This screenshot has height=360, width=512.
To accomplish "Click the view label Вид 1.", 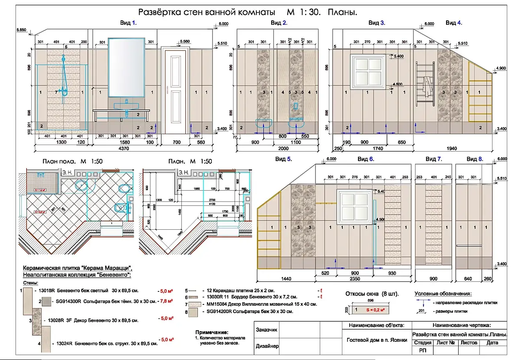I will pos(128,23).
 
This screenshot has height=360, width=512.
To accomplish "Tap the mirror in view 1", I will pos(126,67).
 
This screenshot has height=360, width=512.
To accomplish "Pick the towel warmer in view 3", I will pos(425,83).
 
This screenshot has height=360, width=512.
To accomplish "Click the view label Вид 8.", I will pos(474,159).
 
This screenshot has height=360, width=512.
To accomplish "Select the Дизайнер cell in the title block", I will pos(267,346).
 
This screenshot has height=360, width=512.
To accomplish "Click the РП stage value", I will pos(423,350).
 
